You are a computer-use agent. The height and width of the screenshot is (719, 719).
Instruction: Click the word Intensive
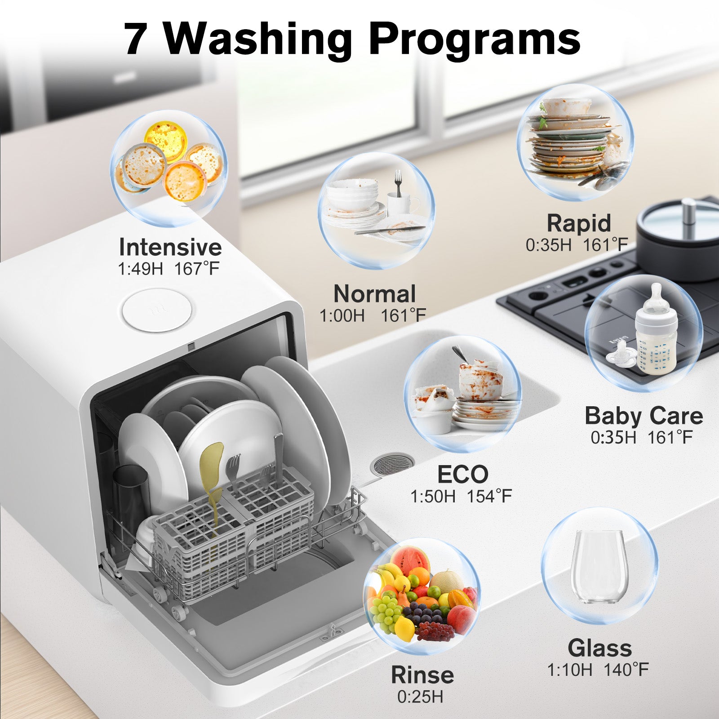170,247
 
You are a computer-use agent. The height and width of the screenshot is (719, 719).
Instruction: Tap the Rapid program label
579,223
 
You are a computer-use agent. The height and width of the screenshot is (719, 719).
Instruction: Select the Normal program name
374,294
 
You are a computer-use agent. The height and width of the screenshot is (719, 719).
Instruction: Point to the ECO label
462,474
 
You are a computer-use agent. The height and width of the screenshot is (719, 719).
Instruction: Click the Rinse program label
422,675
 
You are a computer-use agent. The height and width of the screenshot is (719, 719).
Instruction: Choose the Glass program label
599,648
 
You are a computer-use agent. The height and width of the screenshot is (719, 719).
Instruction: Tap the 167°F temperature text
197,269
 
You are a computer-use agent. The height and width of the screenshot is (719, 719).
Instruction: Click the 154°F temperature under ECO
489,496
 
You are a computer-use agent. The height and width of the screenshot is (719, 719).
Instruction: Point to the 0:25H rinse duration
420,697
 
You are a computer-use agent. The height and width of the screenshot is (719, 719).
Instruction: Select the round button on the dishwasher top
156,310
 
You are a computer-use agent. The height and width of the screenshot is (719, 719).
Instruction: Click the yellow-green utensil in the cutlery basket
211,476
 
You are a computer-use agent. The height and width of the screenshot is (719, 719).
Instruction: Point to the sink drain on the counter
391,465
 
